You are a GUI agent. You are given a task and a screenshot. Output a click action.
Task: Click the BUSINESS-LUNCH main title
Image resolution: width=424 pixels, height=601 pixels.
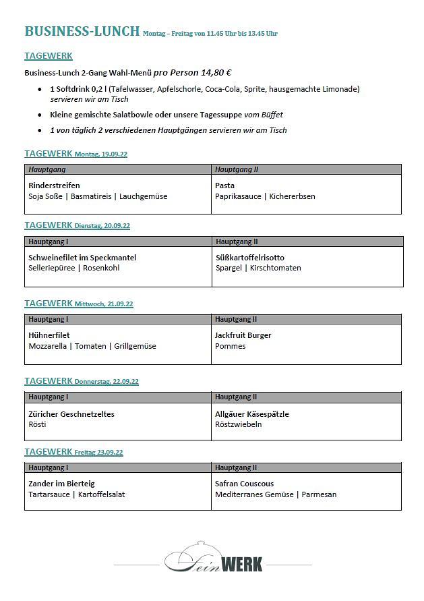82,31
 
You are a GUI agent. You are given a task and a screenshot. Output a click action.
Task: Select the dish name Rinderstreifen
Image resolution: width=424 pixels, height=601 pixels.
54,185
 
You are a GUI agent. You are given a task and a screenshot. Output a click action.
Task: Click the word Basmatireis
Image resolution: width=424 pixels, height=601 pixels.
92,196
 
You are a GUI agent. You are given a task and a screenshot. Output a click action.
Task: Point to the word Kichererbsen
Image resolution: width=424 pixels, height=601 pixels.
292,196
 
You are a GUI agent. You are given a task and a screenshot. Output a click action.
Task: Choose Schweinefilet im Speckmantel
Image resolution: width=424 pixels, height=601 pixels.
82,257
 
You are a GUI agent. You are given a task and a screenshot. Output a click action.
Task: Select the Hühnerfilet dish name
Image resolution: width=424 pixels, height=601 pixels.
49,335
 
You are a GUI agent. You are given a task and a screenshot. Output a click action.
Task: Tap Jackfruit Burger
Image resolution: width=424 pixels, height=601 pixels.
243,335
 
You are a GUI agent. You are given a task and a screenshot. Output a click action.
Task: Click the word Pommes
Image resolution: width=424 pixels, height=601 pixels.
230,346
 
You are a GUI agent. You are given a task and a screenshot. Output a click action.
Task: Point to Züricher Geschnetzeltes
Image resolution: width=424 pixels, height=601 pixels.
71,413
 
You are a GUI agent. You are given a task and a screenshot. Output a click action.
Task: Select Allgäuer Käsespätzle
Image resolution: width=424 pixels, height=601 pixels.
251,413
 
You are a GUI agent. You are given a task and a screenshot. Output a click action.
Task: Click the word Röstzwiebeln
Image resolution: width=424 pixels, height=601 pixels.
238,424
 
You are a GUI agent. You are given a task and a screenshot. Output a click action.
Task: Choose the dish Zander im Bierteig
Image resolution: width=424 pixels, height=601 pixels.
61,483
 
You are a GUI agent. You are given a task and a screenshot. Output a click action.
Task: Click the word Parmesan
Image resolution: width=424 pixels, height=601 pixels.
319,494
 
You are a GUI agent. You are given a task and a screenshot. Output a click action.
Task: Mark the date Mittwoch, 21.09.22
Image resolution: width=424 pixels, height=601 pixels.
104,304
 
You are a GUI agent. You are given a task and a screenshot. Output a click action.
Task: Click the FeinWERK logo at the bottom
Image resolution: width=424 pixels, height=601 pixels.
214,559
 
